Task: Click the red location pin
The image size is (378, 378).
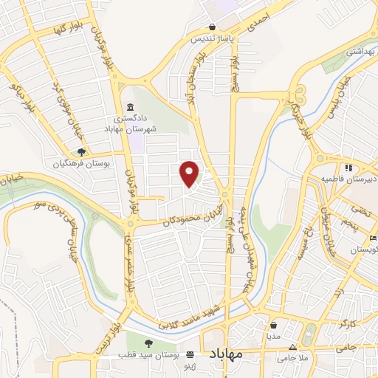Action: point(190,173)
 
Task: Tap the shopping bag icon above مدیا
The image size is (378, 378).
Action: point(274,324)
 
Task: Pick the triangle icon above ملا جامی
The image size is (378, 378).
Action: point(293,346)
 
